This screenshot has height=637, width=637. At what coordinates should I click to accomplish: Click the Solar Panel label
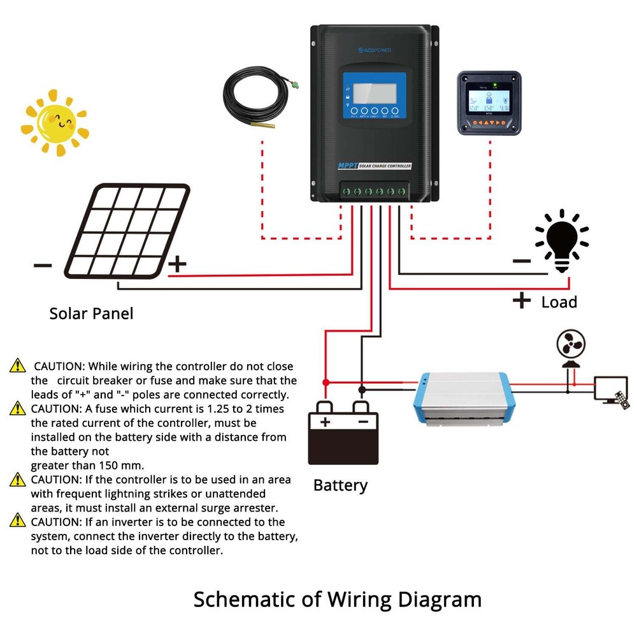91,313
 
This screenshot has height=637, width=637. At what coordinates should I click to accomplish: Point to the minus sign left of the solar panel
43,264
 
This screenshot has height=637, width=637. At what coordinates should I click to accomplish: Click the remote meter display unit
489,103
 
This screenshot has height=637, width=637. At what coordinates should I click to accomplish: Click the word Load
559,302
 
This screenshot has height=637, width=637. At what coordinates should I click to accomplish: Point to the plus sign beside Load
521,300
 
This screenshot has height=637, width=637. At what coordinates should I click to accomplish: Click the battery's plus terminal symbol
325,422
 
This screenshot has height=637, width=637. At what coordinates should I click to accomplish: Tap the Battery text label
340,485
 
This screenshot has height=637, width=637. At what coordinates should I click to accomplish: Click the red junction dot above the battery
326,382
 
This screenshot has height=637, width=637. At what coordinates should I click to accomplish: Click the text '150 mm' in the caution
118,464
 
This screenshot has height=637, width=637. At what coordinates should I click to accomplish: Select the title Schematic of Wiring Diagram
337,599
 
